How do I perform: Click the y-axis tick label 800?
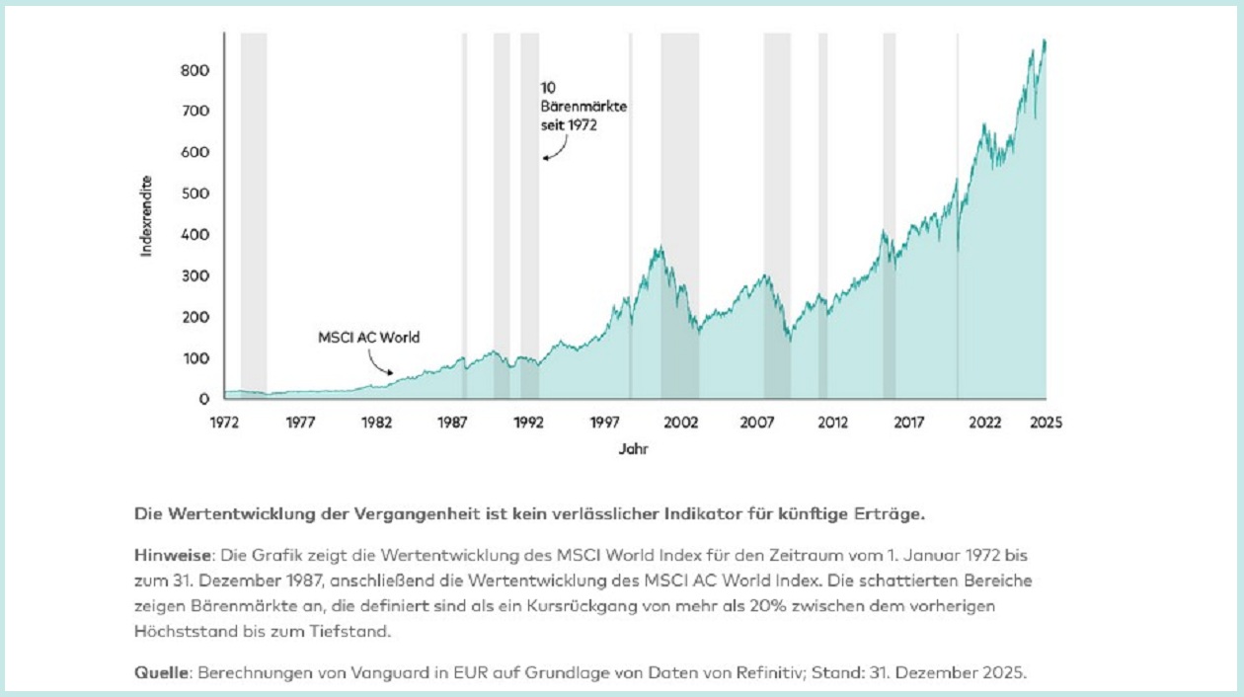pyautogui.click(x=195, y=71)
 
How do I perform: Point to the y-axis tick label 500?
pyautogui.click(x=195, y=194)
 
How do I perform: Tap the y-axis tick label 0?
pyautogui.click(x=203, y=399)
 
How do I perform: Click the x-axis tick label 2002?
pyautogui.click(x=681, y=423)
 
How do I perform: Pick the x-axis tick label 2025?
pyautogui.click(x=1046, y=423)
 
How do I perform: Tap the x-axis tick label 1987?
pyautogui.click(x=453, y=423)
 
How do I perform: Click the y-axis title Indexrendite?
pyautogui.click(x=147, y=216)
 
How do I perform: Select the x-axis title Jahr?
pyautogui.click(x=634, y=448)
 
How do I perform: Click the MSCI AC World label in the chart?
pyautogui.click(x=368, y=338)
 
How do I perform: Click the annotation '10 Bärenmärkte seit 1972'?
pyautogui.click(x=570, y=107)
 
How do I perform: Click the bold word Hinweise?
pyautogui.click(x=165, y=555)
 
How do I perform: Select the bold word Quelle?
pyautogui.click(x=161, y=673)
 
